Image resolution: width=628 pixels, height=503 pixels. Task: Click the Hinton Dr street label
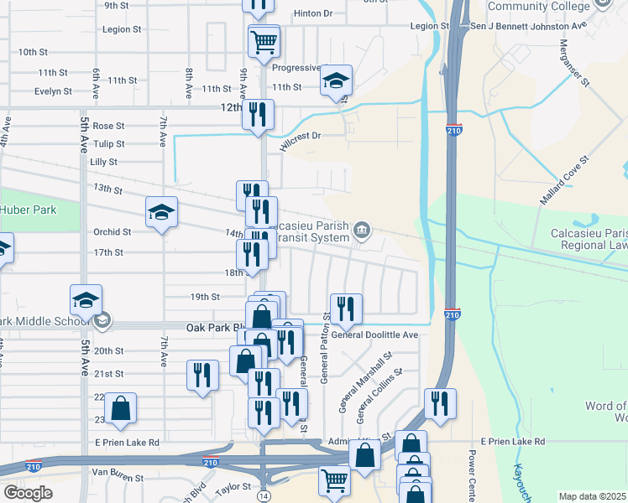(313, 13)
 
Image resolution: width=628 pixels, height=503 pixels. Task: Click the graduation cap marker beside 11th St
(336, 80)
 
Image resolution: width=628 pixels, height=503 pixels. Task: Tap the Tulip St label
(109, 144)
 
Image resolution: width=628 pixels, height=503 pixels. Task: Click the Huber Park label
(28, 210)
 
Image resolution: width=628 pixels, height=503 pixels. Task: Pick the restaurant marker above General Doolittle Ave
(345, 309)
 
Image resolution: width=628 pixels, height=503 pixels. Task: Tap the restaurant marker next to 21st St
(201, 375)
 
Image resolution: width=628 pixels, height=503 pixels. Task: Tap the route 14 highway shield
(264, 485)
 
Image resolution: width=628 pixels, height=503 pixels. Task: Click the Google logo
(28, 492)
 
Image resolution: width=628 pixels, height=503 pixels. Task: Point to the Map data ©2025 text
(592, 496)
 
